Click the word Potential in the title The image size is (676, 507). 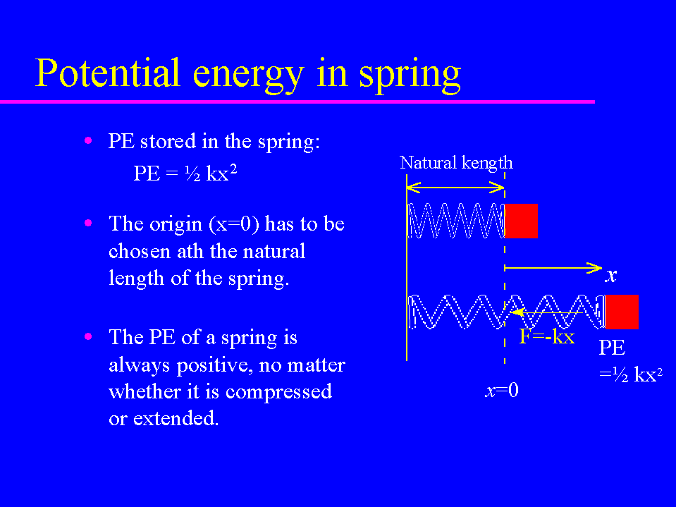(107, 73)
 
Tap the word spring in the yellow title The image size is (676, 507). (410, 75)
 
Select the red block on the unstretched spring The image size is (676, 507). (521, 221)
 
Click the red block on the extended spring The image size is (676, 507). (622, 312)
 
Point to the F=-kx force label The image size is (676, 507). (547, 336)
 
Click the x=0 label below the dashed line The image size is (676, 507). (502, 390)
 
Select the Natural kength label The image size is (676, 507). (456, 164)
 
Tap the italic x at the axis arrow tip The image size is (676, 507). (611, 275)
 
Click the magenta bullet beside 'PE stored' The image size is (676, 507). (88, 140)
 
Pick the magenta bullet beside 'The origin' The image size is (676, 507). (88, 223)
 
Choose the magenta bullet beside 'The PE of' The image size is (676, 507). (88, 336)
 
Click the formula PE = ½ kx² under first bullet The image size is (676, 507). (185, 173)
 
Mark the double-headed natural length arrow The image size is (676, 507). (455, 188)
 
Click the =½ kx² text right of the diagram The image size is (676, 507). (631, 374)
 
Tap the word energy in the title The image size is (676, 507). (248, 75)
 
